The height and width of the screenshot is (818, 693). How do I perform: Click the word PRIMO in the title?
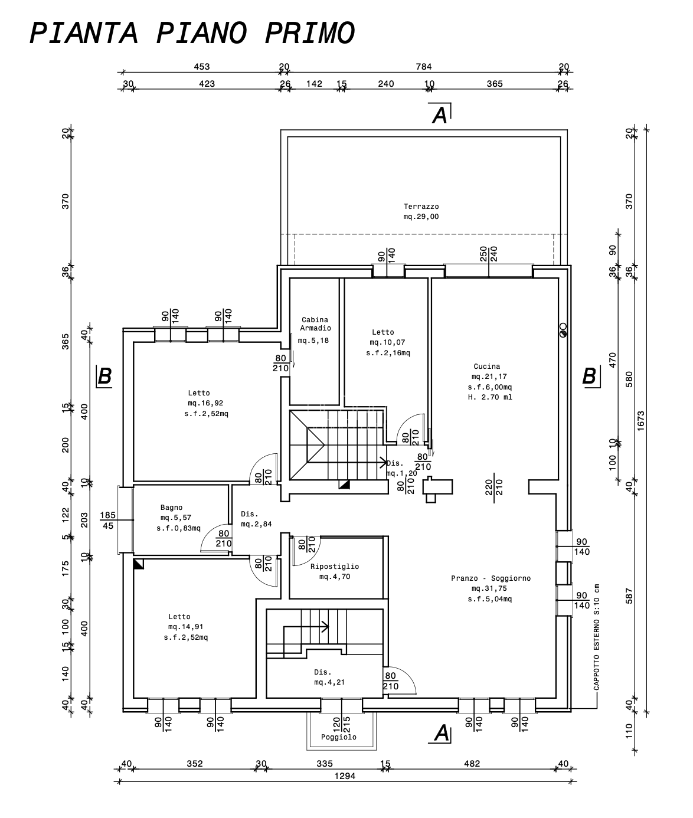(309, 33)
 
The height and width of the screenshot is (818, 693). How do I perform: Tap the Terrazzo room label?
(421, 207)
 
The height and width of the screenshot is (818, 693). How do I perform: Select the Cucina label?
(487, 367)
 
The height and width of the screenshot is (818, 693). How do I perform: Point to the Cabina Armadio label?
(315, 323)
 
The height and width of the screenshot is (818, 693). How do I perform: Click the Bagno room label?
(171, 508)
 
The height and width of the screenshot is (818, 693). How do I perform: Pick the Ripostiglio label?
(335, 567)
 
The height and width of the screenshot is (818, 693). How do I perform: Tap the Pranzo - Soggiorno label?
(491, 578)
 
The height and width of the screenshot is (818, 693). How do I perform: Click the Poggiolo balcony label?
(339, 737)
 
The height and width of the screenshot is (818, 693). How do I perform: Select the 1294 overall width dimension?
(345, 776)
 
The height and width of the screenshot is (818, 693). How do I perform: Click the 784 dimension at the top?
(423, 67)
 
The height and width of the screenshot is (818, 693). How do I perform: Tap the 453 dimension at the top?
(201, 67)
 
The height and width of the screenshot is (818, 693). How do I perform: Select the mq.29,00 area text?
(421, 217)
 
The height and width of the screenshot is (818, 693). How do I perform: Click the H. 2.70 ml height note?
(490, 397)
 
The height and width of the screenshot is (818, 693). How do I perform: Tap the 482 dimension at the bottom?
(472, 763)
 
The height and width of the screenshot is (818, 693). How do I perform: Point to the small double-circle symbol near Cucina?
(563, 330)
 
